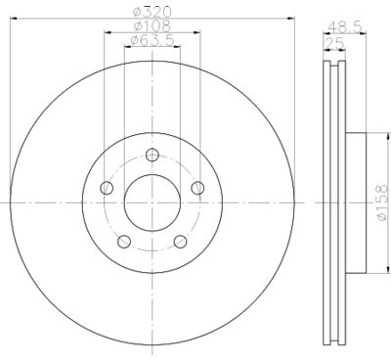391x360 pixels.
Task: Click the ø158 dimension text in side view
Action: [x=380, y=201]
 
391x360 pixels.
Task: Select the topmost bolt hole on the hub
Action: [x=152, y=154]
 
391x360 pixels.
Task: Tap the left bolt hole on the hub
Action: [x=107, y=187]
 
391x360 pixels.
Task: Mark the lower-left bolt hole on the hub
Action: [x=123, y=241]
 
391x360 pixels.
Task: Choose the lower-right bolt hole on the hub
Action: [x=180, y=241]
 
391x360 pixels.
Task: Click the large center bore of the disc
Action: [x=152, y=201]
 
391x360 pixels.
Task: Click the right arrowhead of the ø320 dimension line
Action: [x=290, y=18]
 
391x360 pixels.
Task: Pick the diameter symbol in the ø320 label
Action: [x=138, y=11]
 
